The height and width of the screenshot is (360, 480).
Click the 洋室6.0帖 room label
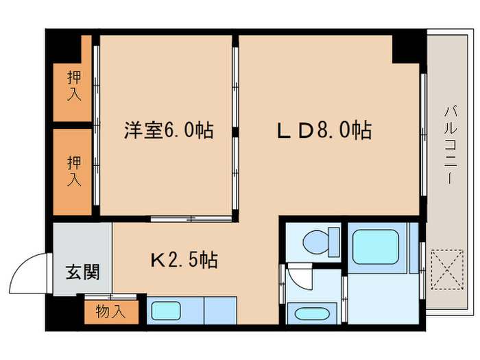click(x=168, y=130)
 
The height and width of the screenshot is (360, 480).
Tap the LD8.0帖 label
click(x=324, y=130)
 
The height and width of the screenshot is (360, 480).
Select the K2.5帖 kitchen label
click(x=184, y=260)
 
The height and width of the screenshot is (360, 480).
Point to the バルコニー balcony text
click(x=449, y=144)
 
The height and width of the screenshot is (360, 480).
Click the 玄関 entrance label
click(x=82, y=272)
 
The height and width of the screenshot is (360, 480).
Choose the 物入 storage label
click(x=110, y=312)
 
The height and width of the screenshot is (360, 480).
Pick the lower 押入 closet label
click(x=73, y=171)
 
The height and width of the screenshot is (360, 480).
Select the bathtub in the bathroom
click(x=377, y=246)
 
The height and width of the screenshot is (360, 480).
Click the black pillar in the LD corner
click(x=405, y=48)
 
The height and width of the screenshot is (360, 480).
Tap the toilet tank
click(x=334, y=241)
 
